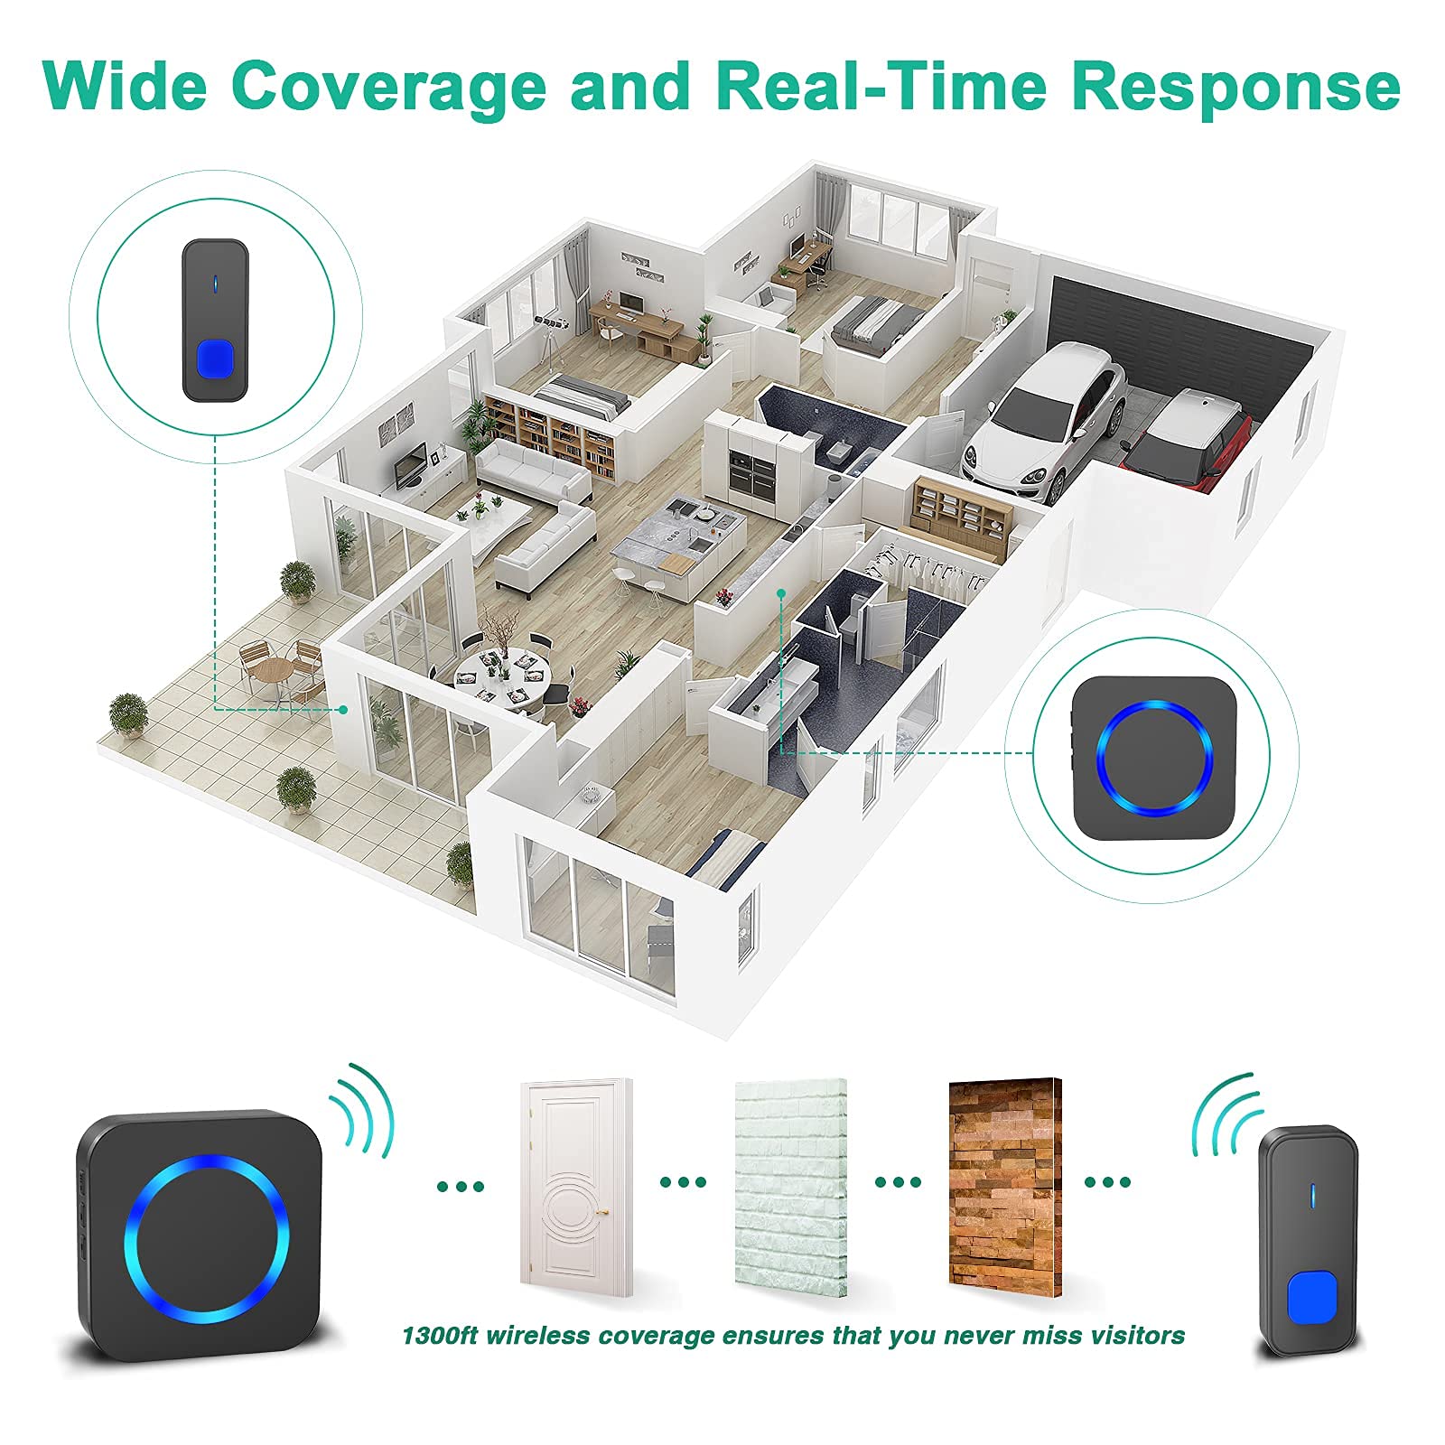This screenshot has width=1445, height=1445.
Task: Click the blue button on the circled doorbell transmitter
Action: pos(215,359)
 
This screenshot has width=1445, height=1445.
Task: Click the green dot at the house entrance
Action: pos(344,710)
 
